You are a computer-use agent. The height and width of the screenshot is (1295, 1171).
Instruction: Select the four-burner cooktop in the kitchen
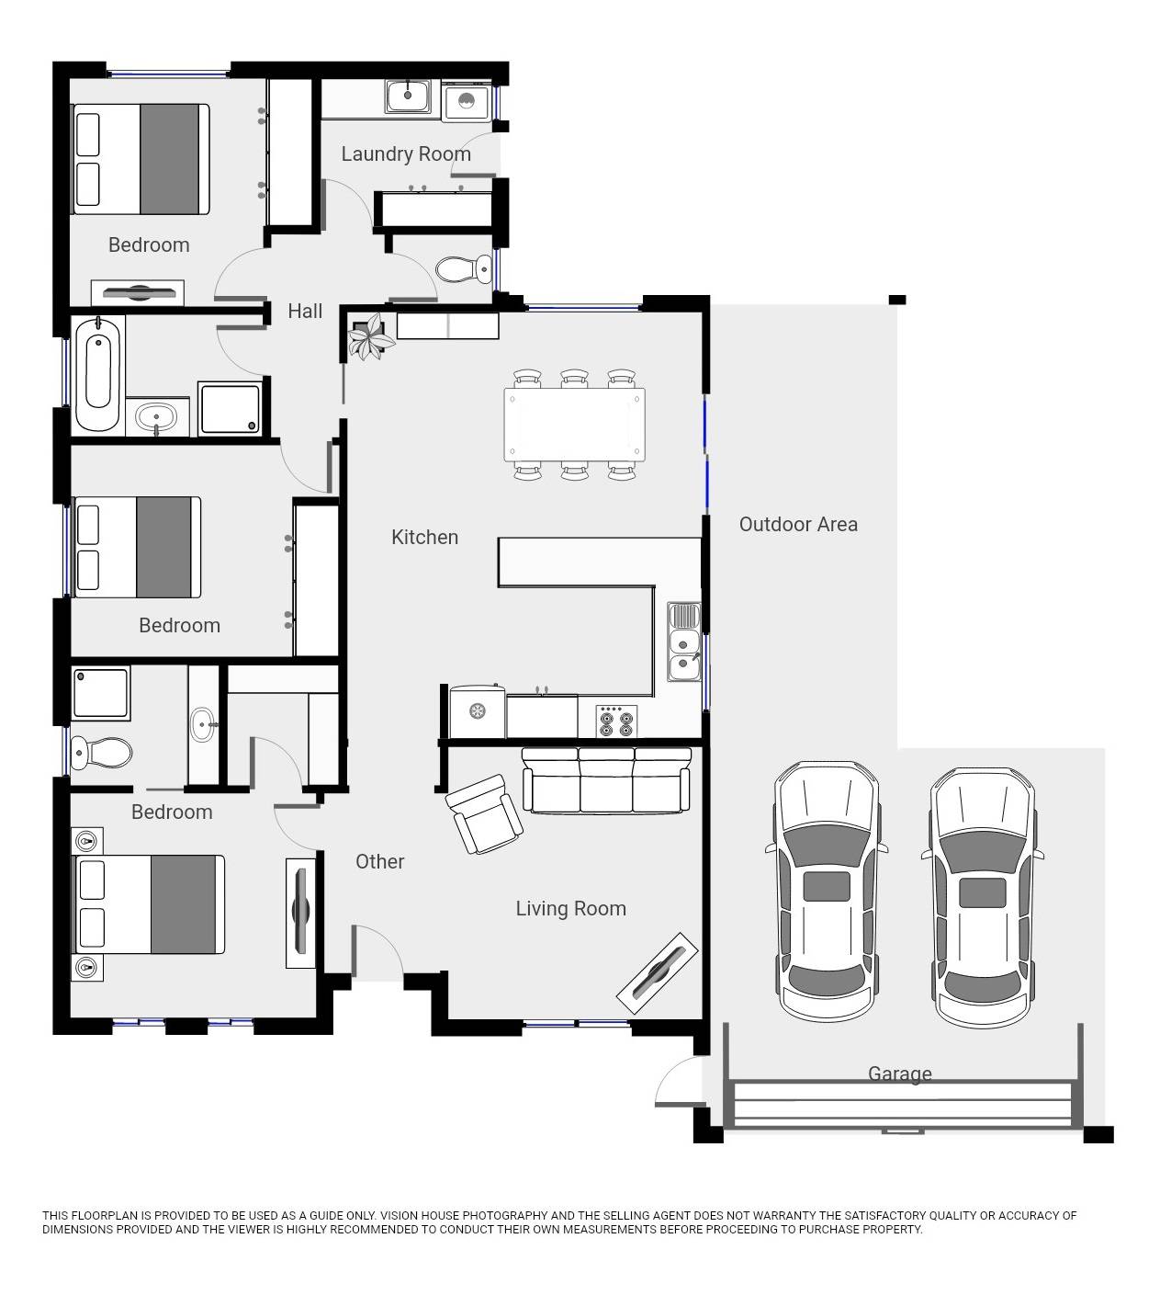point(615,720)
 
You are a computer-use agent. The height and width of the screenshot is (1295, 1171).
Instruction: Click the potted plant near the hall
point(370,336)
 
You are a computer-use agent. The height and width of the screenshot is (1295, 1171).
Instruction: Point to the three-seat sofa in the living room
point(606,780)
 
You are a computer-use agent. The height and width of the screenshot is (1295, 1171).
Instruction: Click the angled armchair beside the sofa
point(484,813)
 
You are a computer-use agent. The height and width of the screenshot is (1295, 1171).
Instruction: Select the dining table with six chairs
point(574,424)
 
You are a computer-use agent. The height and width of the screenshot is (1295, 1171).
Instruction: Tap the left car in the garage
point(827,891)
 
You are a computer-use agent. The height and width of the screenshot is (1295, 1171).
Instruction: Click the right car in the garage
point(983,897)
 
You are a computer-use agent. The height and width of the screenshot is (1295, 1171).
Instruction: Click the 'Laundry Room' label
point(406,154)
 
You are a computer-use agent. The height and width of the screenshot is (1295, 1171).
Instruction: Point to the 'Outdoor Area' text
point(798,525)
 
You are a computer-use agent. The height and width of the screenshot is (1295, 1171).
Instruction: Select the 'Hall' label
point(305,312)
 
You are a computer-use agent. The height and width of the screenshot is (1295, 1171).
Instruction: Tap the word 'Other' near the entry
point(379,862)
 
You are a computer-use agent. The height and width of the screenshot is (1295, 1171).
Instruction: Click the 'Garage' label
point(900,1073)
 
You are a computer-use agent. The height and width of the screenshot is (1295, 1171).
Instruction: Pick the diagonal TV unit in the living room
point(657,973)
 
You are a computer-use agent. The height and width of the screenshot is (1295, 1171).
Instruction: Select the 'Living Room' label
point(570,909)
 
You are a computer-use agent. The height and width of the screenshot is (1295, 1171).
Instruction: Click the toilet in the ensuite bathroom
point(101,753)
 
